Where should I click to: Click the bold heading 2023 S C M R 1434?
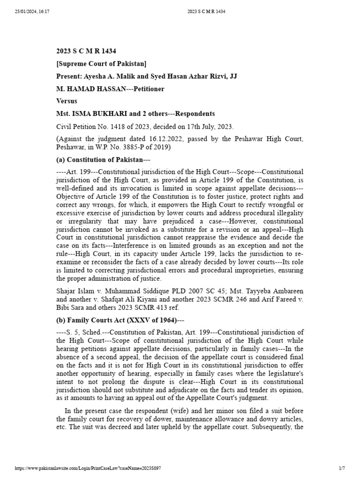[86, 51]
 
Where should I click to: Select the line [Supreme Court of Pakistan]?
[101, 64]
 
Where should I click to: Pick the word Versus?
[67, 101]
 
